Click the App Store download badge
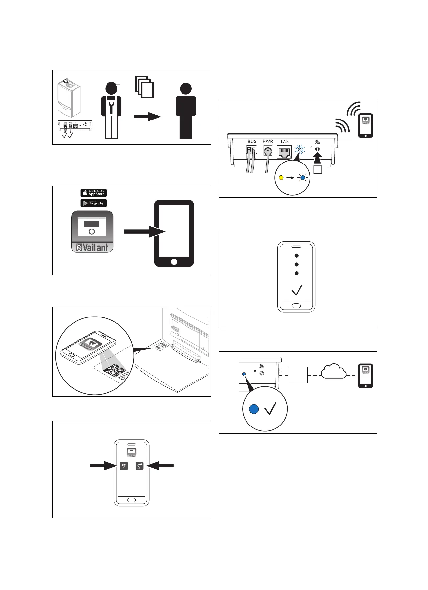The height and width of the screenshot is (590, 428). (94, 193)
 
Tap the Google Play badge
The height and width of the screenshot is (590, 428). (94, 203)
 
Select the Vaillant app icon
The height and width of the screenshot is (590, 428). (92, 232)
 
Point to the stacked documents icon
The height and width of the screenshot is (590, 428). (144, 87)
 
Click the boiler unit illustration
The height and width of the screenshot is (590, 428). (69, 98)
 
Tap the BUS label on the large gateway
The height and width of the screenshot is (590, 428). (252, 142)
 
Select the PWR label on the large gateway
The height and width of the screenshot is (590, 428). (268, 142)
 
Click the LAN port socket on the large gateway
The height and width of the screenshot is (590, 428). (284, 152)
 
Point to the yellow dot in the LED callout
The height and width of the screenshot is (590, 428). (281, 178)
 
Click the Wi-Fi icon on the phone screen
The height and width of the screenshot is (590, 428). (124, 466)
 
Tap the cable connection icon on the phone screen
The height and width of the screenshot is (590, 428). (139, 466)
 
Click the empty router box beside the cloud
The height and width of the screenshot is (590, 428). (298, 375)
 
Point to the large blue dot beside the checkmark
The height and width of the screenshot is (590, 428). (254, 409)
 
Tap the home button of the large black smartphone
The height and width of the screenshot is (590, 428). (174, 262)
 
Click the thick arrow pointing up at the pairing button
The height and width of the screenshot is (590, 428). (317, 159)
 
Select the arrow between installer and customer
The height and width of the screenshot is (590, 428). (147, 116)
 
